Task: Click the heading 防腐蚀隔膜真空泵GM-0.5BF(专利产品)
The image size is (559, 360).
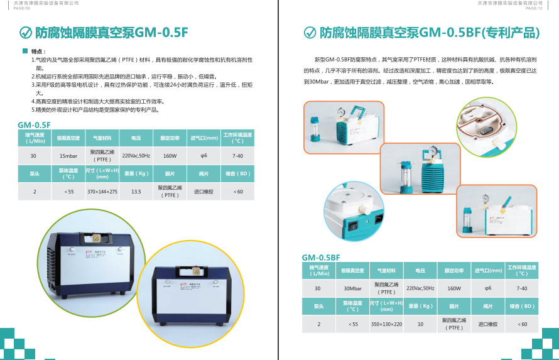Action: [430, 32]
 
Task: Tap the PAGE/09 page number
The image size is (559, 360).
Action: [21, 8]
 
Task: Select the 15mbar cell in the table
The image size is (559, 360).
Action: [68, 155]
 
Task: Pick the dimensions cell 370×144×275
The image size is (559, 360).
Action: [102, 191]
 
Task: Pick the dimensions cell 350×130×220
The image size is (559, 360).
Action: [386, 324]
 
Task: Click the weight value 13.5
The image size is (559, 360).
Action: [136, 191]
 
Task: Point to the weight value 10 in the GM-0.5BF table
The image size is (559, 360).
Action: [420, 324]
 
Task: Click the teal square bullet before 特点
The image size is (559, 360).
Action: [25, 51]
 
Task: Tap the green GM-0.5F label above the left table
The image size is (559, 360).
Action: [34, 124]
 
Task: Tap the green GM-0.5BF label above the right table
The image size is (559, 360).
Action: [320, 258]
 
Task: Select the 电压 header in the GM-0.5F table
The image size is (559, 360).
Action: [136, 138]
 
